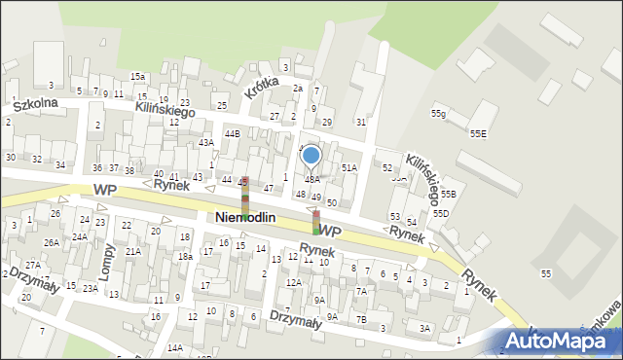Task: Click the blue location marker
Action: [311, 156]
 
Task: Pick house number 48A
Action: [311, 180]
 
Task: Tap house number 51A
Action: [349, 168]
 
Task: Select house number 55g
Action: [439, 114]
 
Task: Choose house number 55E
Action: [478, 133]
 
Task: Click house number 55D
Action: [441, 213]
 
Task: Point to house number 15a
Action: [138, 76]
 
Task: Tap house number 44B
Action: [232, 133]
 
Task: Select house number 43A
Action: [205, 142]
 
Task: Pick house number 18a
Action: [185, 256]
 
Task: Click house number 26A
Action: [51, 242]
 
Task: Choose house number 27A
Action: [33, 265]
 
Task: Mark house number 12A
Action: [293, 282]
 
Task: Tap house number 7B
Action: [360, 318]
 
